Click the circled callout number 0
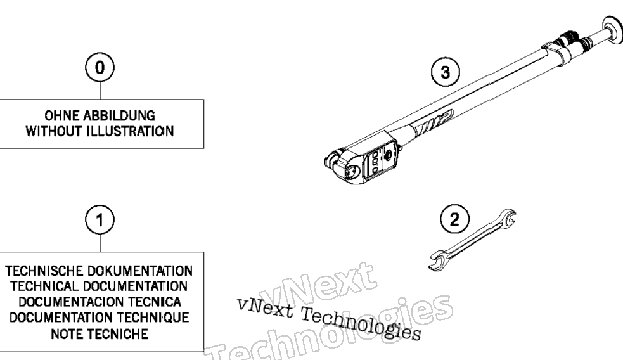(x=100, y=68)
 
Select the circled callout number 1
(x=100, y=220)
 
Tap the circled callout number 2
(x=454, y=219)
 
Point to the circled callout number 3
(x=446, y=72)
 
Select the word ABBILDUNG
(x=119, y=116)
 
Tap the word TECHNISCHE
(x=44, y=271)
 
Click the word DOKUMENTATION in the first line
(x=140, y=271)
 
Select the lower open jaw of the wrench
(x=438, y=260)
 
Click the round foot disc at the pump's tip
(x=613, y=30)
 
